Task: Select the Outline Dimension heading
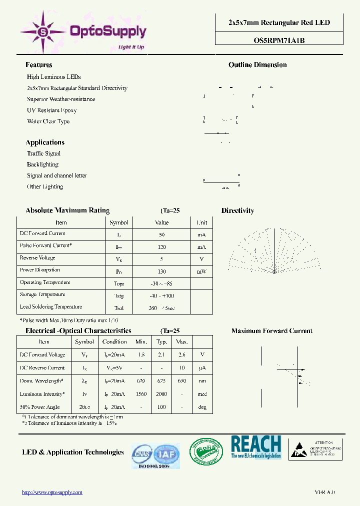pos(257,65)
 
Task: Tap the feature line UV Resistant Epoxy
pos(51,110)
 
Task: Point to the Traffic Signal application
pos(43,153)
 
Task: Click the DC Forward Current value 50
pos(161,234)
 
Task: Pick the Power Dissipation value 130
pos(161,271)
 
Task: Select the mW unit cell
pos(201,271)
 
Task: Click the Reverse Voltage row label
pos(37,258)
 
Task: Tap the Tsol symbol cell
pos(118,308)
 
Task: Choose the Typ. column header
pos(161,342)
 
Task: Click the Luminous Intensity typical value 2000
pos(161,394)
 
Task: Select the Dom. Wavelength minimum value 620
pos(141,381)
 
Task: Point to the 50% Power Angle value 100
pos(161,407)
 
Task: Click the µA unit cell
pos(202,368)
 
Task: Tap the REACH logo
pos(256,447)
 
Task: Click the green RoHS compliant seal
pos(206,452)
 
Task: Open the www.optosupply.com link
pos(52,492)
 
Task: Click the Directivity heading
pos(237,211)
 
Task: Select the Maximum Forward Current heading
pos(271,331)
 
